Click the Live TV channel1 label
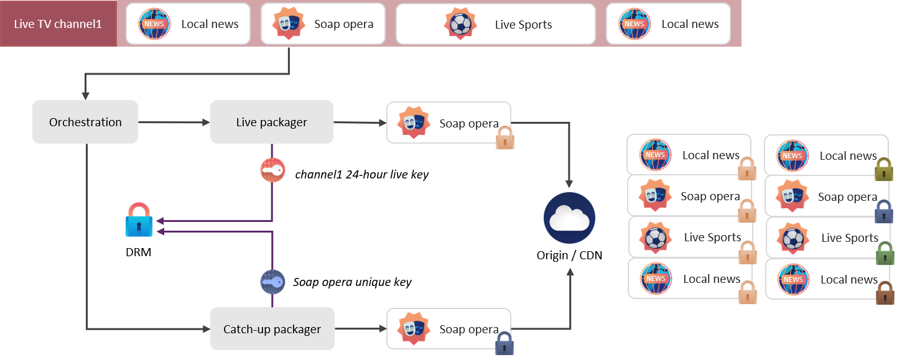click(58, 24)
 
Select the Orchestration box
click(85, 122)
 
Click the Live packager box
click(271, 122)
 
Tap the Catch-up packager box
click(272, 329)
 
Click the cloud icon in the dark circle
click(569, 218)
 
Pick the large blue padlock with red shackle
click(139, 220)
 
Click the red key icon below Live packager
click(272, 170)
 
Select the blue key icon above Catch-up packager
click(272, 282)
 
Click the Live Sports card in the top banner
click(495, 24)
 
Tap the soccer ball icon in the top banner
click(460, 24)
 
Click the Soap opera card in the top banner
click(323, 24)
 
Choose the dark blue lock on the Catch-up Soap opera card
click(504, 344)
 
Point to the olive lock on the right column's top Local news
click(884, 169)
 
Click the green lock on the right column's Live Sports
click(885, 254)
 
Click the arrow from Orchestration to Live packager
click(174, 122)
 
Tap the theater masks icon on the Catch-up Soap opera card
click(414, 328)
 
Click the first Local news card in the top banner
click(188, 24)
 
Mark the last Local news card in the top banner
click(668, 24)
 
